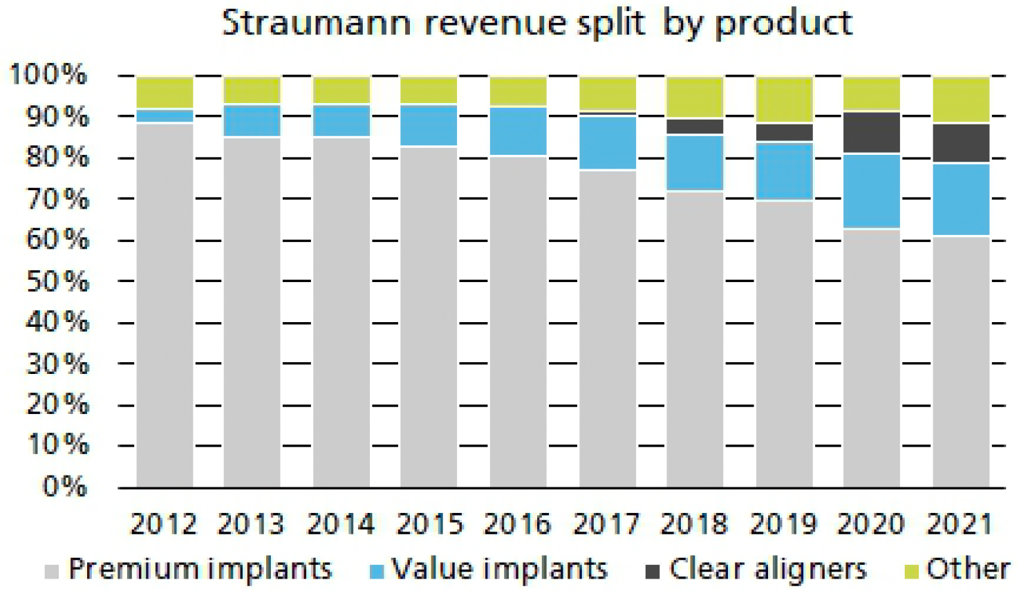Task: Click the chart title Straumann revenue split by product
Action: [536, 24]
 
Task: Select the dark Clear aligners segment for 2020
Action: [871, 132]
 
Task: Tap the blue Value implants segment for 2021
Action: [960, 199]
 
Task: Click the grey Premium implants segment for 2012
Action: [165, 304]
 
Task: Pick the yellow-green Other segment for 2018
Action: [695, 97]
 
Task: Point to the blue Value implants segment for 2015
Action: [429, 125]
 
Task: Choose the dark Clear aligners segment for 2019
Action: [784, 132]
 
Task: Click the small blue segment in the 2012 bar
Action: [165, 116]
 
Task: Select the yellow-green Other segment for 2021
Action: [960, 100]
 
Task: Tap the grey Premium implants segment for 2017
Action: [607, 328]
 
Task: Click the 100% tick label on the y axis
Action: [48, 75]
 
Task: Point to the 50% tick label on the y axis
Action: [57, 281]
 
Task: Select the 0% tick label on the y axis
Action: [64, 487]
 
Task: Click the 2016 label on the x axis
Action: [517, 525]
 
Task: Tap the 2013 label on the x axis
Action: [250, 525]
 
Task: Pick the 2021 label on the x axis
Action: [960, 525]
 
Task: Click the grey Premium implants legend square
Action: [51, 572]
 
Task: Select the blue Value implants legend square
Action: [377, 572]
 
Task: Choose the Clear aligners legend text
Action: [767, 569]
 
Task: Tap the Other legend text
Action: [968, 569]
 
